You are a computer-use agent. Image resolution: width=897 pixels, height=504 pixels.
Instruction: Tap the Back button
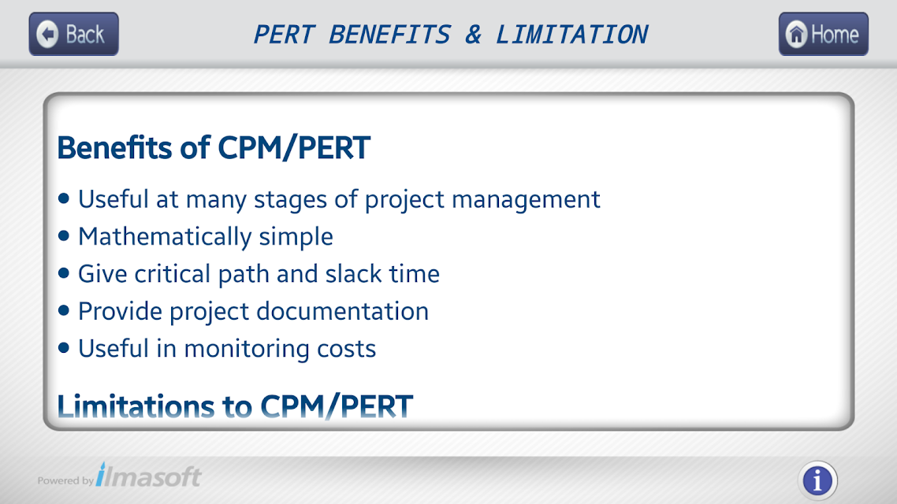(74, 35)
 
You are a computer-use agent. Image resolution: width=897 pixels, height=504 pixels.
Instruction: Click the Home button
(823, 35)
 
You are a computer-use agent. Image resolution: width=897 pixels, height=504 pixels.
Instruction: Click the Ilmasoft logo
(148, 476)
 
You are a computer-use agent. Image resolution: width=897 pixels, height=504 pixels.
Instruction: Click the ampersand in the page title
(473, 35)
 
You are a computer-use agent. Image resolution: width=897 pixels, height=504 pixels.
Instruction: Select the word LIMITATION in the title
(571, 35)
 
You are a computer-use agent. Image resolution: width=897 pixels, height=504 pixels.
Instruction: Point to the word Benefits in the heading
(114, 147)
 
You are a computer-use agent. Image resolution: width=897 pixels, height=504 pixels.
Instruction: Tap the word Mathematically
(165, 237)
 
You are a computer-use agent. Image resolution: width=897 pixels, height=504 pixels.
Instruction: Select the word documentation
(342, 311)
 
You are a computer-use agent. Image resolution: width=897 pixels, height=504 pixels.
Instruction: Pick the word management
(526, 200)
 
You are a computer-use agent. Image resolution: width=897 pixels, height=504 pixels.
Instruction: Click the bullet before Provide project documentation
(64, 310)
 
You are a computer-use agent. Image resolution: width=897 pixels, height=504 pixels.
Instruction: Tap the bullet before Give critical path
(64, 273)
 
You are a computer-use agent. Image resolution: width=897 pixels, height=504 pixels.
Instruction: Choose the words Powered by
(65, 480)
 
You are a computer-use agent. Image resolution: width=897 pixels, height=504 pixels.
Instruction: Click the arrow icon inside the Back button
(47, 35)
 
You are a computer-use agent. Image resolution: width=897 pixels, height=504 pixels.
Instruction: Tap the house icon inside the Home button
(796, 35)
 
